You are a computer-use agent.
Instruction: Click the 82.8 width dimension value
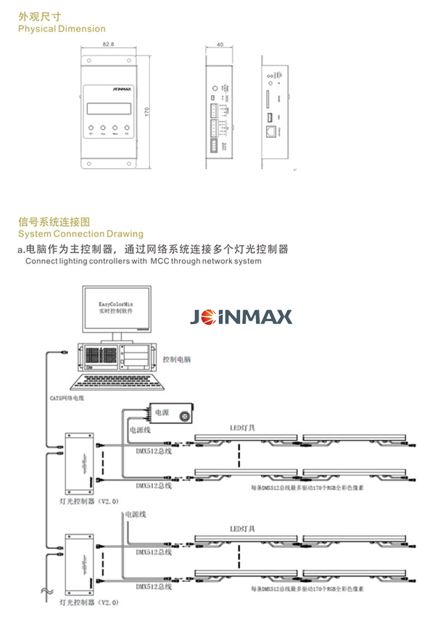(x=109, y=44)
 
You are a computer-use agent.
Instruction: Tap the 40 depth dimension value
(x=220, y=44)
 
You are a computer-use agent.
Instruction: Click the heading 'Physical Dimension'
(x=62, y=29)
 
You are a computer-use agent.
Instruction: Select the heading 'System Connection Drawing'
(x=80, y=234)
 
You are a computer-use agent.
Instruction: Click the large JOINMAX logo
(x=241, y=316)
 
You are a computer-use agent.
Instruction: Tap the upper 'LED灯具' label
(x=242, y=428)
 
